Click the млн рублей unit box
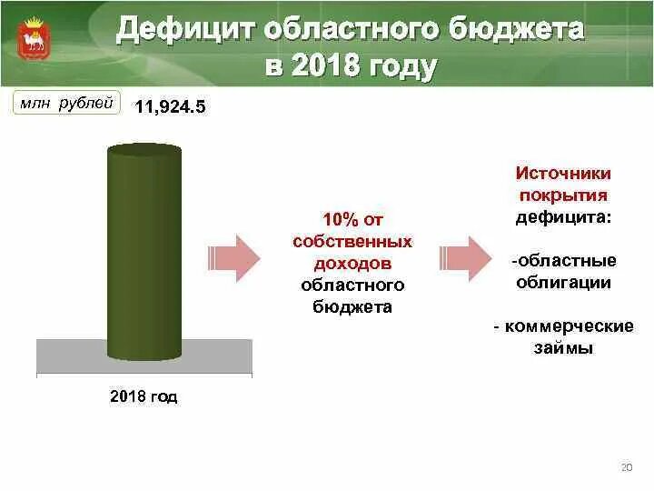pos(66,104)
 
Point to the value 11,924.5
pos(171,108)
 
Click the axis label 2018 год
pos(144,396)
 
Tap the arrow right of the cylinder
pos(235,257)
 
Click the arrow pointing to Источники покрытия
pos(465,257)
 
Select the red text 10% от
pos(352,221)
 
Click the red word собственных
pos(352,242)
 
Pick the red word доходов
pos(352,263)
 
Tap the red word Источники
pos(563,173)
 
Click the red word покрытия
pos(563,195)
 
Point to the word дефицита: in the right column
pos(563,216)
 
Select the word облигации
pos(563,282)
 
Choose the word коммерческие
pos(569,326)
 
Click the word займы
pos(563,347)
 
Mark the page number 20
pos(625,466)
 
